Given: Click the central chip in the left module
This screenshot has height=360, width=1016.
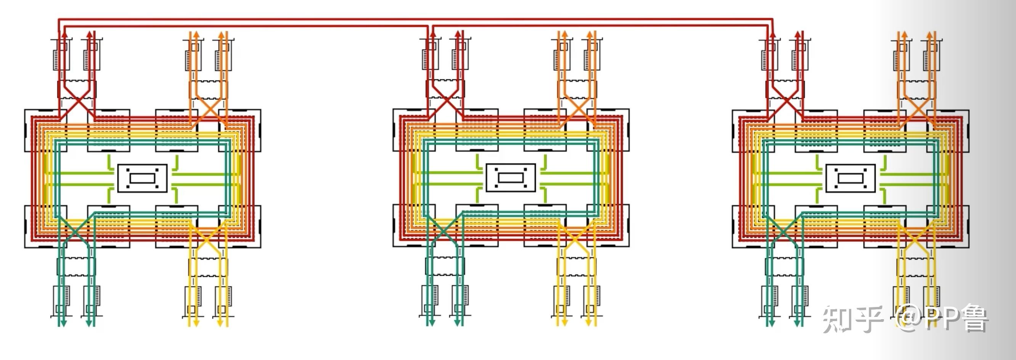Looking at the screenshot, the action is (142, 178).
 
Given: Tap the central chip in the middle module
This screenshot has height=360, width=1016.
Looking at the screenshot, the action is (511, 177).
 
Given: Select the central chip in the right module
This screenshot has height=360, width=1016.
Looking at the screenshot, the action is (851, 178).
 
